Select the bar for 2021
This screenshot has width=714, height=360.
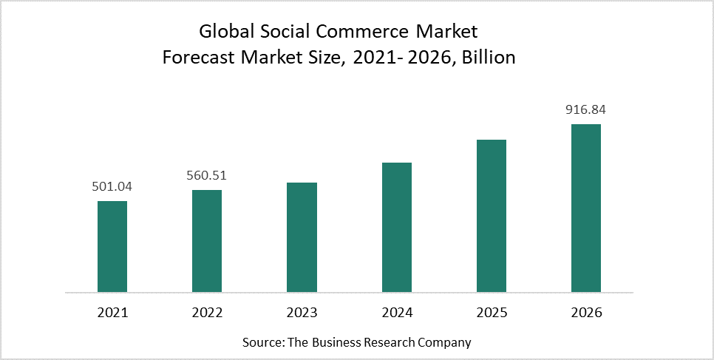112,246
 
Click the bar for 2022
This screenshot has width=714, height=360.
207,240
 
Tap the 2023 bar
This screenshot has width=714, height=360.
302,237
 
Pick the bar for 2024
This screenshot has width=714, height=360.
396,227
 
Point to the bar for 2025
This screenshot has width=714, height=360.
491,215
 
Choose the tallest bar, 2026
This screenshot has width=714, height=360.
585,208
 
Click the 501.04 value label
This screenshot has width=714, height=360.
112,186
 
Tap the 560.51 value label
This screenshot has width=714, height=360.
207,175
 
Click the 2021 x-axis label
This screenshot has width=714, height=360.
112,313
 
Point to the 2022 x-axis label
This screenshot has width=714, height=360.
207,313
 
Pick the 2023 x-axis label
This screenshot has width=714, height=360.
302,313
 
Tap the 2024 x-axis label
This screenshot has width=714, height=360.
396,313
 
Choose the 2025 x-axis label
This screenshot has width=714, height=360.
491,313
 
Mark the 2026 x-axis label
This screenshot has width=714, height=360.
585,313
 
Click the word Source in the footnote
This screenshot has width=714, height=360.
262,342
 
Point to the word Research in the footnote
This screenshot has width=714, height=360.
390,342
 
